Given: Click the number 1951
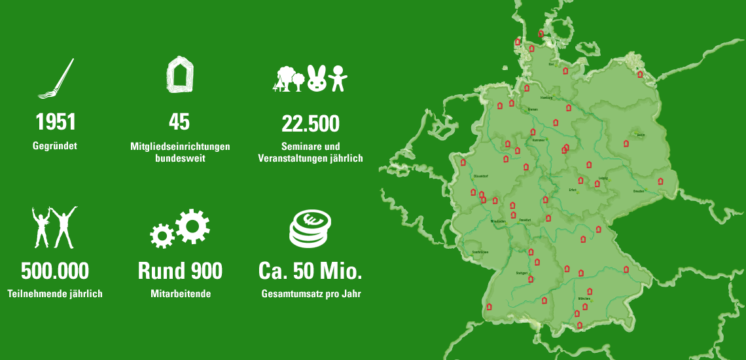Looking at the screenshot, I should point(55,122).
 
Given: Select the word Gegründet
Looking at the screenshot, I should point(55,146).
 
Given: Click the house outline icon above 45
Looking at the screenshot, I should point(180,74).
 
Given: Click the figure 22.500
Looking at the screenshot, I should point(310,122).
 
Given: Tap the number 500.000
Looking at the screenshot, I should point(55,271).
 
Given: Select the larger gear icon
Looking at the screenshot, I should point(192,226).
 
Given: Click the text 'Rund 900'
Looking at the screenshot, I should point(180,271).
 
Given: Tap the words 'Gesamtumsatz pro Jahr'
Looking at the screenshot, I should point(311,294).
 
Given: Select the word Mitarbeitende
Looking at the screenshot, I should point(180,294).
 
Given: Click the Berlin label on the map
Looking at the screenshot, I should point(641,135).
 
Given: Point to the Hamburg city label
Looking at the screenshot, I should point(546,98).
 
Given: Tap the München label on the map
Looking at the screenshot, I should point(585,298).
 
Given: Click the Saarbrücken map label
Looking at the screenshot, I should point(480,252).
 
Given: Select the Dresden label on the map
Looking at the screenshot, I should point(639,191).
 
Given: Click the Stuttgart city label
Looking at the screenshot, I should point(522,272).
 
